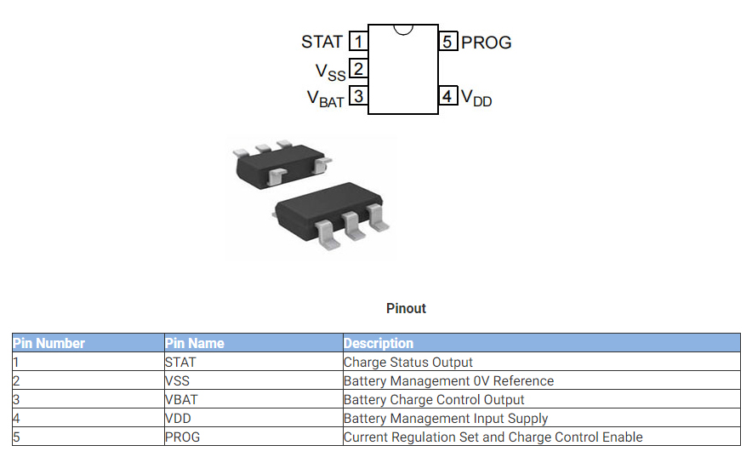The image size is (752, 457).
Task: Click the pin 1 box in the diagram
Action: pos(359,42)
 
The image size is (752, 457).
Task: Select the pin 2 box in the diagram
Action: pos(359,69)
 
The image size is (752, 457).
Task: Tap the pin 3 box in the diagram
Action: pos(359,96)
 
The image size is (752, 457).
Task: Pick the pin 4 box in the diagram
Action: pos(448,96)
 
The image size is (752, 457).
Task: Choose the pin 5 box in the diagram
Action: pos(448,42)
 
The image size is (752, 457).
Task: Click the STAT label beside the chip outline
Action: pos(322,42)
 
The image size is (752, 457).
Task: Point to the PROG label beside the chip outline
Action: pos(487,43)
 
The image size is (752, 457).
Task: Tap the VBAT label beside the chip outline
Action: pos(326,99)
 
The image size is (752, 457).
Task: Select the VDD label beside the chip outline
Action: pos(476,99)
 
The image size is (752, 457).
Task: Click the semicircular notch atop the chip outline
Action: pos(403,30)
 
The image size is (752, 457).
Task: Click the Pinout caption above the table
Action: pos(406,308)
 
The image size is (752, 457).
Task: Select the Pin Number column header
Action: pos(48,344)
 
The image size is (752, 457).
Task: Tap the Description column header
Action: pos(379,344)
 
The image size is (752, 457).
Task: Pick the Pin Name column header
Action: pos(195,344)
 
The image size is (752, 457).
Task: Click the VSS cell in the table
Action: pos(178,381)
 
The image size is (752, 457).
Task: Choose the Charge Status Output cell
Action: pos(408,363)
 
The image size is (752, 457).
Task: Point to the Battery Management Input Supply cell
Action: pos(446,419)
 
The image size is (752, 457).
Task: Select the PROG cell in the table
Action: pos(182,437)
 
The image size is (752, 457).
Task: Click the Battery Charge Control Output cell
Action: pos(434,400)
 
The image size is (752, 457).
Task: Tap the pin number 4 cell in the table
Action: pos(16,419)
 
